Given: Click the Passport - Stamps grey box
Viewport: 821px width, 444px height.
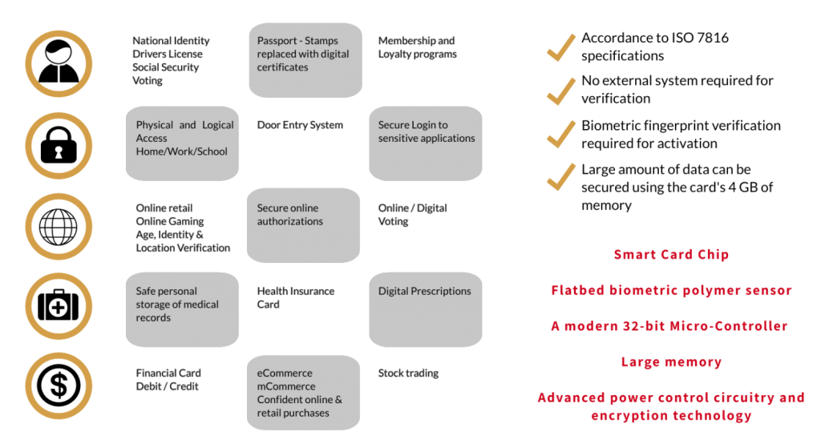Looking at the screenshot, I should (x=303, y=61).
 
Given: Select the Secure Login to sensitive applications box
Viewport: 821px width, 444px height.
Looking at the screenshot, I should (x=425, y=143).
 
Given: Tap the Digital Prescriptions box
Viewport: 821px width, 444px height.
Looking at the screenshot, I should (x=425, y=309).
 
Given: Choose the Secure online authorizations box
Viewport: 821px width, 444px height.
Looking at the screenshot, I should (x=303, y=225).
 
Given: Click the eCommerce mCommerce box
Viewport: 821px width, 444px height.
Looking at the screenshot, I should (x=303, y=392).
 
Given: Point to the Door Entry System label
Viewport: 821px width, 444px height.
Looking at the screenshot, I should (x=300, y=125).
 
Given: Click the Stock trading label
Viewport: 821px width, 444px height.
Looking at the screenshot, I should (x=408, y=373).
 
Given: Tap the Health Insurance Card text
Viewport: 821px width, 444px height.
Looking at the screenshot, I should (x=296, y=297).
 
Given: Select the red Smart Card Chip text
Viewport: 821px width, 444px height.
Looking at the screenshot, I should (x=671, y=255).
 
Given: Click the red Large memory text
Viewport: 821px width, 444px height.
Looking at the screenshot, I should (x=671, y=362).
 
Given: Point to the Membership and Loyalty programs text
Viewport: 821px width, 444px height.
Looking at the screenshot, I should (x=417, y=47).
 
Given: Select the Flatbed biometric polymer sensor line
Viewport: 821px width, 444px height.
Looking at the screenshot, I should (x=671, y=290).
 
